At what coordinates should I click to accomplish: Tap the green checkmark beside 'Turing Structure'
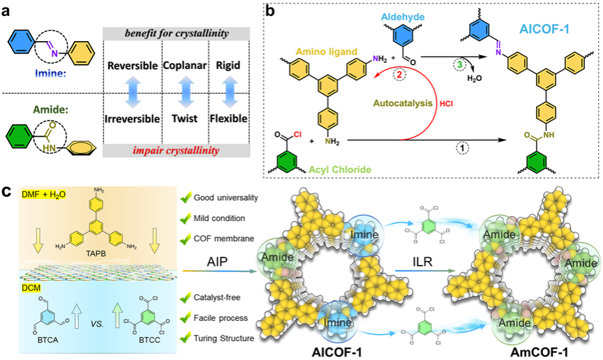184,338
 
